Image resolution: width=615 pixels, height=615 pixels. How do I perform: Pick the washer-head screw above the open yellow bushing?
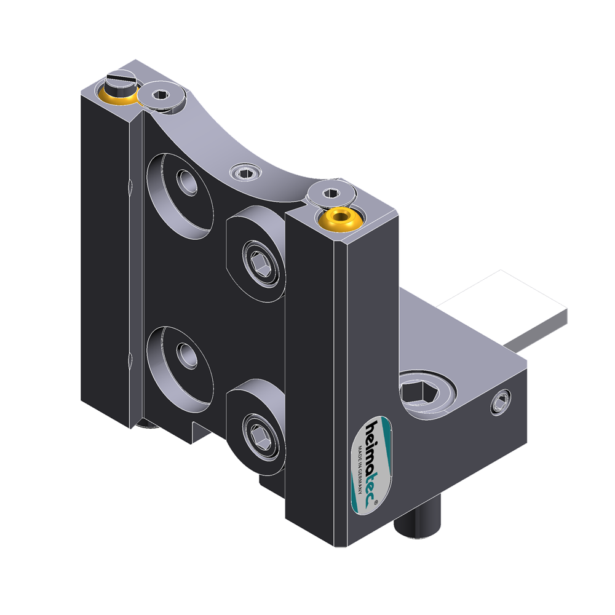(x=330, y=194)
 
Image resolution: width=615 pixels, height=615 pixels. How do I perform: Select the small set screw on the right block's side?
(x=501, y=403)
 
